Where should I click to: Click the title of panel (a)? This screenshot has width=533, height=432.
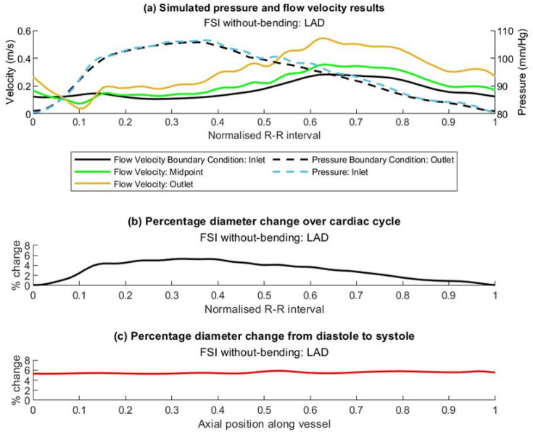pos(263,8)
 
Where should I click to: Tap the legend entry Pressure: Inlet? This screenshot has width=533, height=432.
pos(376,172)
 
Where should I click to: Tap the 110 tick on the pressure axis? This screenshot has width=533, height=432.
pos(505,32)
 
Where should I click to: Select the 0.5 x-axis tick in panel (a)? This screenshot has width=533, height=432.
pos(263,123)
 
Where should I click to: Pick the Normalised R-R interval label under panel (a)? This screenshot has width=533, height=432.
pos(263,135)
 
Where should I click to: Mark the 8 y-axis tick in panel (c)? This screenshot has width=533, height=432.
pos(25,361)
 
